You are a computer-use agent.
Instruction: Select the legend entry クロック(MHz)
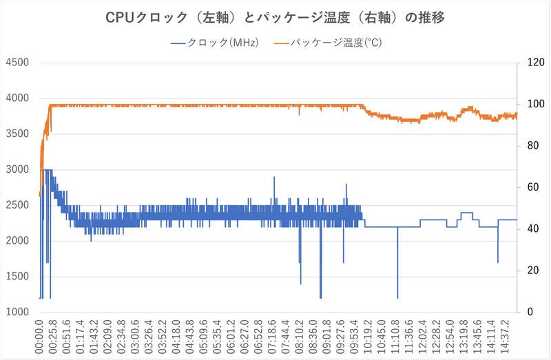[x=224, y=43]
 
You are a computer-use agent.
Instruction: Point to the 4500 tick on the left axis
[x=17, y=63]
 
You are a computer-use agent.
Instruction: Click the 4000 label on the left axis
[x=17, y=98]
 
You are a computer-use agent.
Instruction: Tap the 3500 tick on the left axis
[x=17, y=134]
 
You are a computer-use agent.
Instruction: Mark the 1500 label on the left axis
[x=17, y=276]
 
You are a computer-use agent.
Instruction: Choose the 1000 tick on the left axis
[x=17, y=312]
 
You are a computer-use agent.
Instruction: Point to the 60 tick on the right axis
[x=530, y=187]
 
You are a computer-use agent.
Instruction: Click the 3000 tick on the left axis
[x=17, y=169]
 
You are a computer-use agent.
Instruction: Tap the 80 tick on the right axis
[x=530, y=146]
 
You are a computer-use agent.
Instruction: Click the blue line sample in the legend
[x=178, y=43]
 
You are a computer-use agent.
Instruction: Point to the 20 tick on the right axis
[x=530, y=271]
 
